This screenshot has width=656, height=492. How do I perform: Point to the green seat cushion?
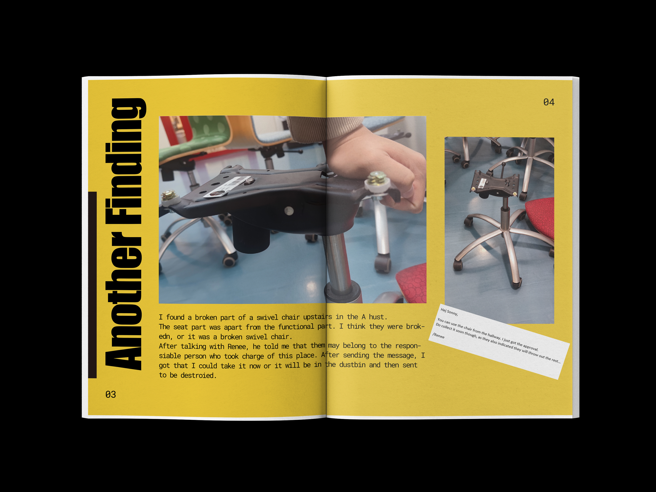click(x=196, y=139)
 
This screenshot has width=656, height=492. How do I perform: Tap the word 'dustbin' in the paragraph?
click(x=352, y=365)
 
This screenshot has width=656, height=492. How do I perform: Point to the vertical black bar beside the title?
click(x=92, y=285)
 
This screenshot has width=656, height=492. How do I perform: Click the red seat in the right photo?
click(x=541, y=216)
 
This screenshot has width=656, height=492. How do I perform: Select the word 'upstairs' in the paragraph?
click(x=317, y=317)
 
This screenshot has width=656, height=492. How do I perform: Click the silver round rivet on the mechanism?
click(x=289, y=211)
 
